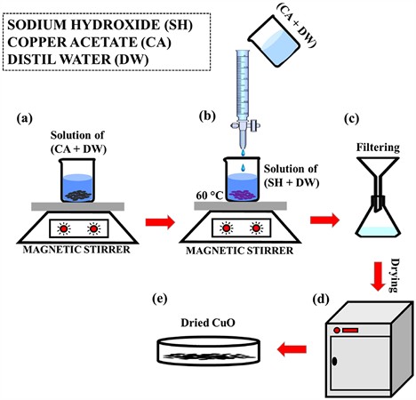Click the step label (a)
point(25,118)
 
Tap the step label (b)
point(207,116)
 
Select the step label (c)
point(352,118)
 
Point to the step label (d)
point(321,300)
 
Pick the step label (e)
point(159,300)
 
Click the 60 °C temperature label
point(210,196)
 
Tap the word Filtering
point(378,148)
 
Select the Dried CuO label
point(208,323)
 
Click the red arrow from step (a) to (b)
point(160,222)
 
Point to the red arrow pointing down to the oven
point(378,276)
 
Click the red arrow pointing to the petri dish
point(292,349)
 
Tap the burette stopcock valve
point(245,126)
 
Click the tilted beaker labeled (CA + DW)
point(274,41)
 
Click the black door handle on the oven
point(335,361)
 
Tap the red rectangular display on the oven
point(350,330)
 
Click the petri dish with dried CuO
point(208,350)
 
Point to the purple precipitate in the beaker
point(242,195)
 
